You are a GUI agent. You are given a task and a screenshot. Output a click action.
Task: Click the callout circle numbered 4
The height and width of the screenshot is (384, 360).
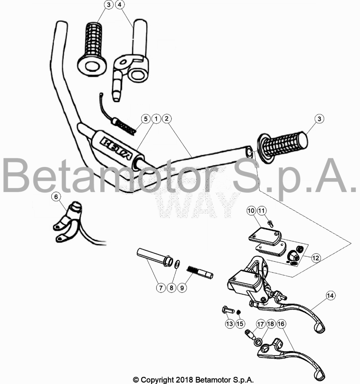pyautogui.click(x=120, y=4)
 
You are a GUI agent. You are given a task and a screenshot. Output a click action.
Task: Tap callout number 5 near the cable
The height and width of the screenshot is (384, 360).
pyautogui.click(x=146, y=119)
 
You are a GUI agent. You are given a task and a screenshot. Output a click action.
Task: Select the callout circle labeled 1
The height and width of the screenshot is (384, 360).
pyautogui.click(x=156, y=119)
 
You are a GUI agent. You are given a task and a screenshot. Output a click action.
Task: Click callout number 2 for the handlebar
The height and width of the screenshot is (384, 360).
pyautogui.click(x=167, y=119)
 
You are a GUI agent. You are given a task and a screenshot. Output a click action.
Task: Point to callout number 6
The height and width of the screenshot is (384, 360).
pyautogui.click(x=56, y=196)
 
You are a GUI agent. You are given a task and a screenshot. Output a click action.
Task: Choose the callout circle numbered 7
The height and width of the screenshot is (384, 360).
pyautogui.click(x=161, y=288)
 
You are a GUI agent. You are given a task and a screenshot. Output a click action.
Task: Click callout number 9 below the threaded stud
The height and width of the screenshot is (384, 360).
pyautogui.click(x=182, y=288)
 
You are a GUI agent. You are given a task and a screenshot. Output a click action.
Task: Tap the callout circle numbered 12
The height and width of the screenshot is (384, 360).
pyautogui.click(x=316, y=258)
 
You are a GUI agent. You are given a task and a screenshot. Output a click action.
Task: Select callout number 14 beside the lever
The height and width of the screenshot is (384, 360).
pyautogui.click(x=330, y=295)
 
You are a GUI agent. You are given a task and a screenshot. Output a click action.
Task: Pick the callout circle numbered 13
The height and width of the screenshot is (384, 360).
pyautogui.click(x=229, y=324)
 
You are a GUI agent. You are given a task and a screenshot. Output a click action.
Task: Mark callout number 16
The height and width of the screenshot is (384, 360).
pyautogui.click(x=281, y=324)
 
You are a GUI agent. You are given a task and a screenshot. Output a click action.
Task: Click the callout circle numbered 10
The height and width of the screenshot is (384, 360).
pyautogui.click(x=251, y=211)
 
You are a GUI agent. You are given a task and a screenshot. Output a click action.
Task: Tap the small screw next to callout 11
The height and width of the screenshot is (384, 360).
pyautogui.click(x=271, y=223)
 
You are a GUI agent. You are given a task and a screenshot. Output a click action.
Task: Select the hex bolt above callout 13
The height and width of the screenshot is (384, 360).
pyautogui.click(x=228, y=310)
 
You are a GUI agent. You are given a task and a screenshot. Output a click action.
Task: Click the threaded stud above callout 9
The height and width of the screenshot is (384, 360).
pyautogui.click(x=200, y=272)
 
